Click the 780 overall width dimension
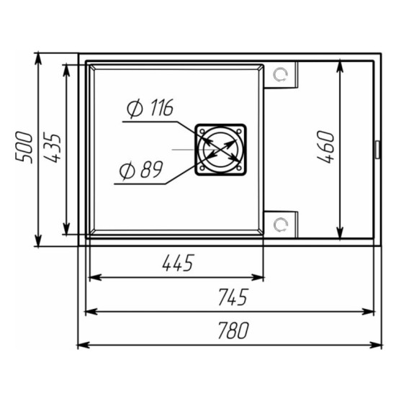pos(233,330)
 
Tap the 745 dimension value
pos(233,297)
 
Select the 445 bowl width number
pos(179,263)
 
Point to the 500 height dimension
pos(24,147)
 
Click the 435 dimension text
pos(53,147)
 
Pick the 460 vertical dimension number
pos(325,146)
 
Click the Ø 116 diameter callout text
pos(150,108)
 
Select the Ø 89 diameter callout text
pos(141,170)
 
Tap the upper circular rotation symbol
pos(280,75)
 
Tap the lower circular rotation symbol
pos(280,225)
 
